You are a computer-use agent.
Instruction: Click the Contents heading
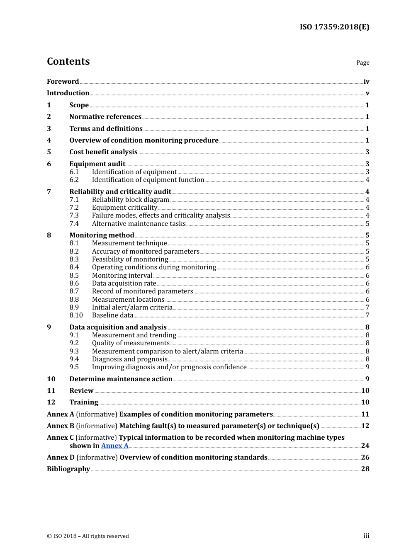click(x=68, y=61)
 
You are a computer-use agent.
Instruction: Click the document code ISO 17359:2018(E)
click(x=334, y=27)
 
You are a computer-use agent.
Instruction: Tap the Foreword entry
click(x=63, y=82)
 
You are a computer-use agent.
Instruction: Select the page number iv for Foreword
click(x=366, y=82)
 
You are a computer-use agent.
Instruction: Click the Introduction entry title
click(x=68, y=93)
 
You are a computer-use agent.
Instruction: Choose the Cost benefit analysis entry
click(x=103, y=152)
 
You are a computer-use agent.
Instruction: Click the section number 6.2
click(x=74, y=180)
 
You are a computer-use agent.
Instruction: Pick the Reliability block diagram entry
click(x=130, y=200)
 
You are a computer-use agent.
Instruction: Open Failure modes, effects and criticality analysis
click(x=161, y=216)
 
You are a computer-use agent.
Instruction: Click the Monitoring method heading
click(x=102, y=235)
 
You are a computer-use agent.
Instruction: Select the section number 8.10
click(x=76, y=315)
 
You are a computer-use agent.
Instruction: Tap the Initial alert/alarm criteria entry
click(x=132, y=308)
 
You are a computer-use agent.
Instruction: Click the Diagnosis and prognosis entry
click(x=129, y=359)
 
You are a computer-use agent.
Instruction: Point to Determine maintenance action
click(x=121, y=379)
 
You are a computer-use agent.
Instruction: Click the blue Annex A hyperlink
click(x=114, y=446)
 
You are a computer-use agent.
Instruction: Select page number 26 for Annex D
click(x=365, y=458)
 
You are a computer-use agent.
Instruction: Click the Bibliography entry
click(x=68, y=469)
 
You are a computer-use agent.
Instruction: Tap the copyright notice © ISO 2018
click(x=88, y=536)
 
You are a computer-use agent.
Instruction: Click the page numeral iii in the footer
click(x=366, y=536)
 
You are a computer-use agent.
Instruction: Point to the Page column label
click(x=362, y=63)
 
